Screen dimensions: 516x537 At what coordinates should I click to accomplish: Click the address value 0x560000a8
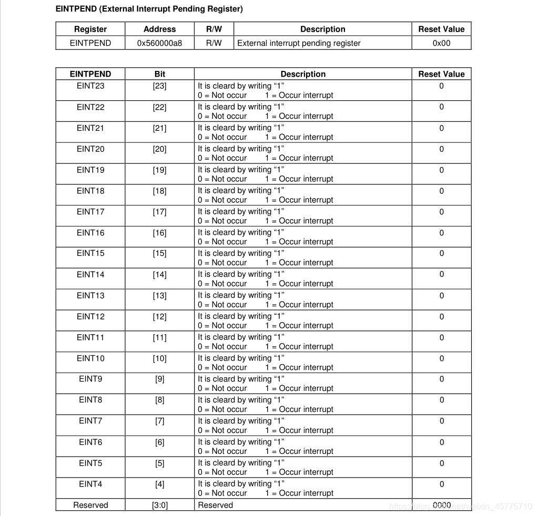[159, 43]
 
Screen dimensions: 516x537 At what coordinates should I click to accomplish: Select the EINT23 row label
[90, 86]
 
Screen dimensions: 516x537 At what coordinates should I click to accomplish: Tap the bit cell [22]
[159, 107]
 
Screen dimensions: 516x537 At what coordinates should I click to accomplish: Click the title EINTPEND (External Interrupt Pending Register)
[149, 9]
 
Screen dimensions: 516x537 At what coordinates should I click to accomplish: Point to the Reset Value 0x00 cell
[441, 43]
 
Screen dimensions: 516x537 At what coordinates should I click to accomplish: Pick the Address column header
[159, 29]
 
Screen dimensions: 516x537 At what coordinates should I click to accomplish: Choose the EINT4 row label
[90, 484]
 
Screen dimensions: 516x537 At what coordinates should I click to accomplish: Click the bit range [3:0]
[159, 505]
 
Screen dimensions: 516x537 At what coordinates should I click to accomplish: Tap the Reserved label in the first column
[90, 505]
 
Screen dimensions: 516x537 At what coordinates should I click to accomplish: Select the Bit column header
[159, 74]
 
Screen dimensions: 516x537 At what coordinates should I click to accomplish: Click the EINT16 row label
[90, 233]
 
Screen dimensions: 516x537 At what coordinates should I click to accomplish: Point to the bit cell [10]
[159, 358]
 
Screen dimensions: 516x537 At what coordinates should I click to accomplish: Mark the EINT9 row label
[90, 379]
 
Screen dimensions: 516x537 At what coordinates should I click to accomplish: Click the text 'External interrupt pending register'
[299, 43]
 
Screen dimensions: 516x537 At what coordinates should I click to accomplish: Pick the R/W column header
[214, 29]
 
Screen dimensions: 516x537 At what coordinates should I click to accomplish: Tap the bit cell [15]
[159, 253]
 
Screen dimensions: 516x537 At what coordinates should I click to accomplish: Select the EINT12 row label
[90, 316]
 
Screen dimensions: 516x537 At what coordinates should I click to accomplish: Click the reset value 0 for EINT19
[441, 170]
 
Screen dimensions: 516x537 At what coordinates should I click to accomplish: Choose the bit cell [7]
[159, 421]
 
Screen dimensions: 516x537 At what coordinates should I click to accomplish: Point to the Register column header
[90, 29]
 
